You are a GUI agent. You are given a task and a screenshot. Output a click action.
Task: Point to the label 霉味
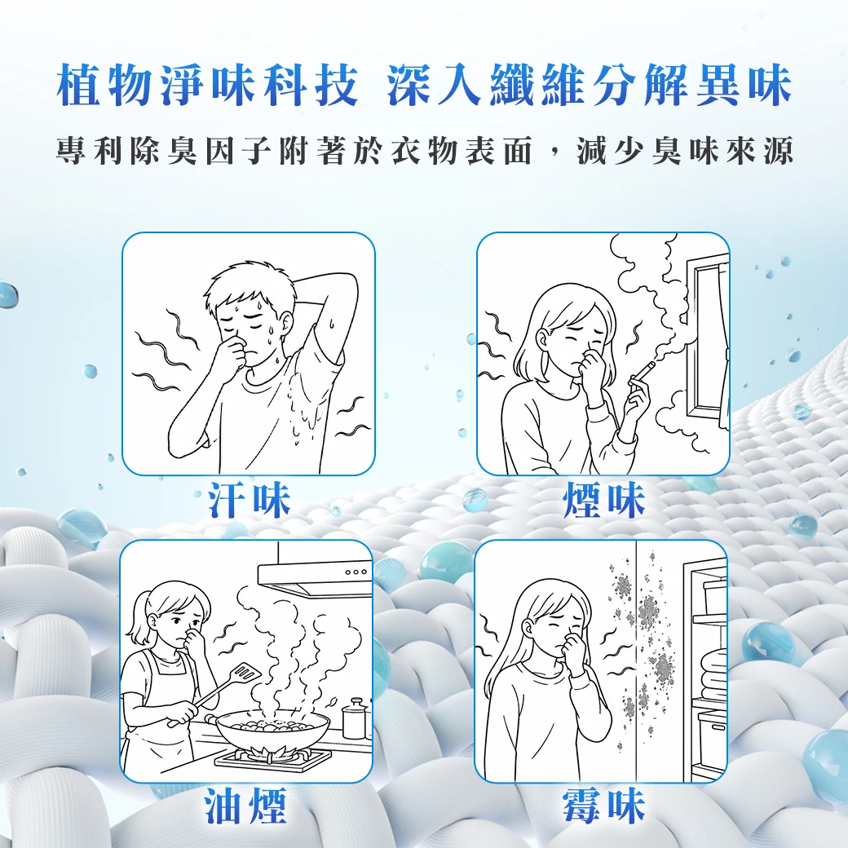604,806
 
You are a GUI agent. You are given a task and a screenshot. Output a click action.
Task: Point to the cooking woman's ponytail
136,616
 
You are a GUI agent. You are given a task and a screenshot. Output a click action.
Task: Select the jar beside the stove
354,718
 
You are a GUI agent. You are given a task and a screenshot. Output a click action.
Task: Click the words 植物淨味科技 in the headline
206,85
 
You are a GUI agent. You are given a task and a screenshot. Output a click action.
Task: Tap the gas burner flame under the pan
272,753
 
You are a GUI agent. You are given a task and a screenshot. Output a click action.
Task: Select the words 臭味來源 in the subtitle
722,150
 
